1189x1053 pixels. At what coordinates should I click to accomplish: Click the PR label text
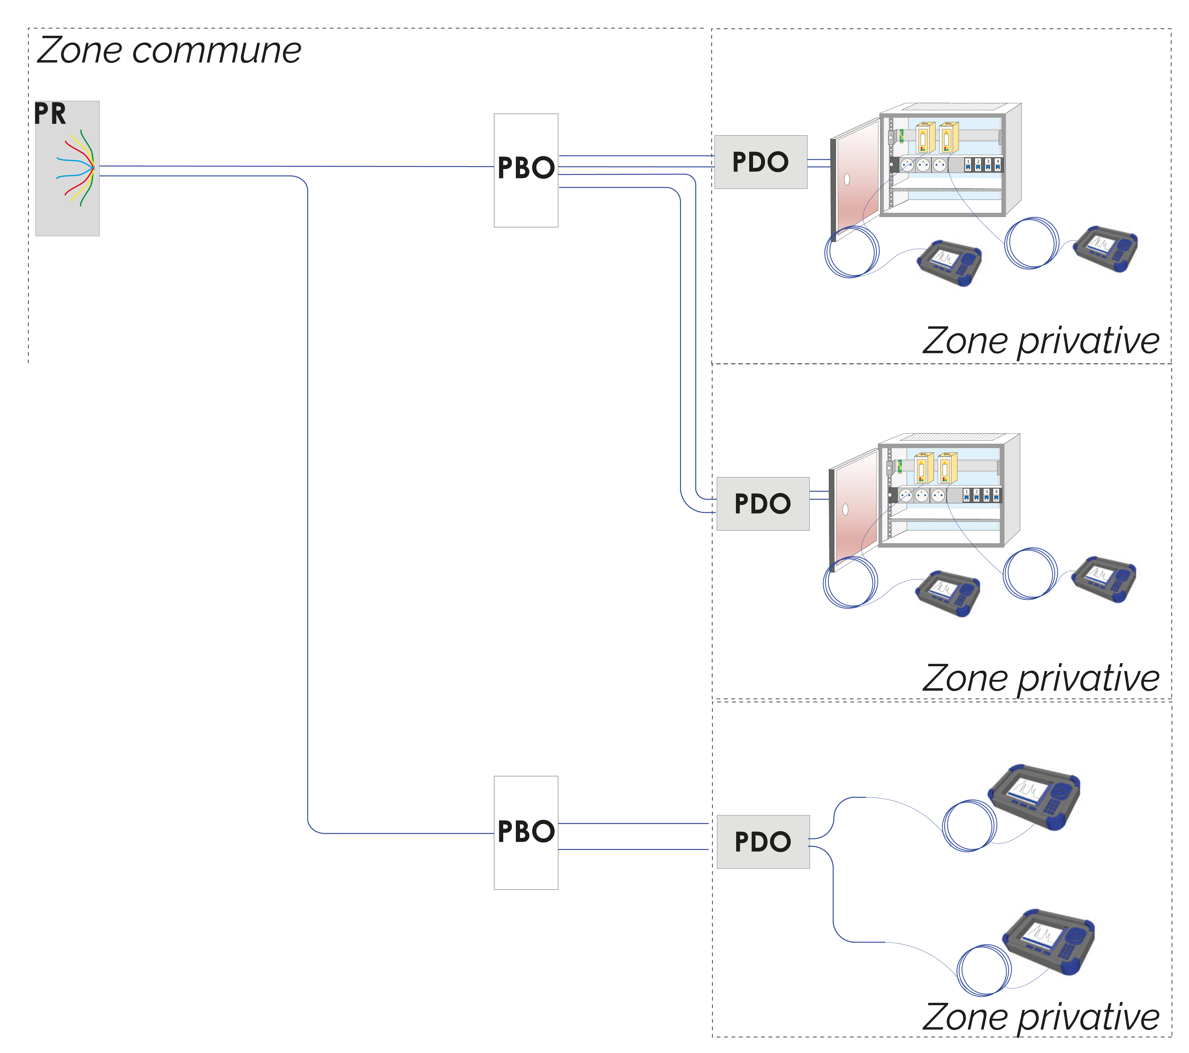(x=50, y=114)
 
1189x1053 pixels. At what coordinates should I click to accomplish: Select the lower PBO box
(x=526, y=833)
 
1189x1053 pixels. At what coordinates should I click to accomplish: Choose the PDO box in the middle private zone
(x=762, y=504)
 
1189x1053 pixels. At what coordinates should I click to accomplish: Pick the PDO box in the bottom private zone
(x=762, y=842)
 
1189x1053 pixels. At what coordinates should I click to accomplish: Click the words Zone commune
(x=169, y=50)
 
